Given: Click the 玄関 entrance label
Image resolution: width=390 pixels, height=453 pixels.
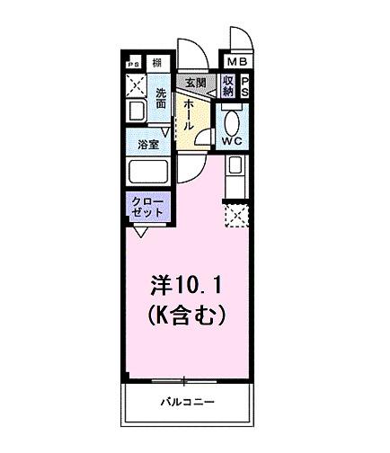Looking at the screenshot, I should pos(193,83).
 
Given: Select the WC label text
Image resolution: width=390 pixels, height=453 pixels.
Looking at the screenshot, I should pos(230,141).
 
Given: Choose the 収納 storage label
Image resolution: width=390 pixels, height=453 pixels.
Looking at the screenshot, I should pos(228,85).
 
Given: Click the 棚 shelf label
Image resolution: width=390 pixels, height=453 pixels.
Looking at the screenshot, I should pos(157,63).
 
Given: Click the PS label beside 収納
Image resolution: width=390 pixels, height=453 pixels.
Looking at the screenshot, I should pos(245,85).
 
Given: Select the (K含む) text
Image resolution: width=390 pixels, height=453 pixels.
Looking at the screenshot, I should pos(185,316).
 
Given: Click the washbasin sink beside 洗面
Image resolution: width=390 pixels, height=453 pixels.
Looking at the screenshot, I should pos(136,111).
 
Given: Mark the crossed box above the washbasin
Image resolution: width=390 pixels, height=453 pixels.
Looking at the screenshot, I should pos(136,85).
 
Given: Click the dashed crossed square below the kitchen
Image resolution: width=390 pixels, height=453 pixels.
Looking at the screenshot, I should pos(235,216).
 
